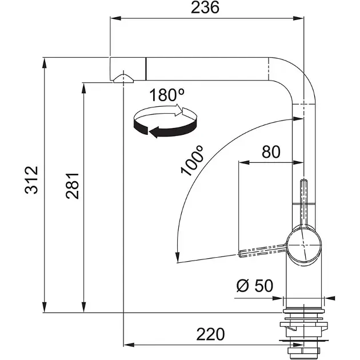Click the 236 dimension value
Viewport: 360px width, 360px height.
206,8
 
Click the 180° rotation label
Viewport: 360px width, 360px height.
166,95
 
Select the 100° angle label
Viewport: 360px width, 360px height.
191,160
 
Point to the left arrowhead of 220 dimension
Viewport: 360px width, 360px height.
127,345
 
